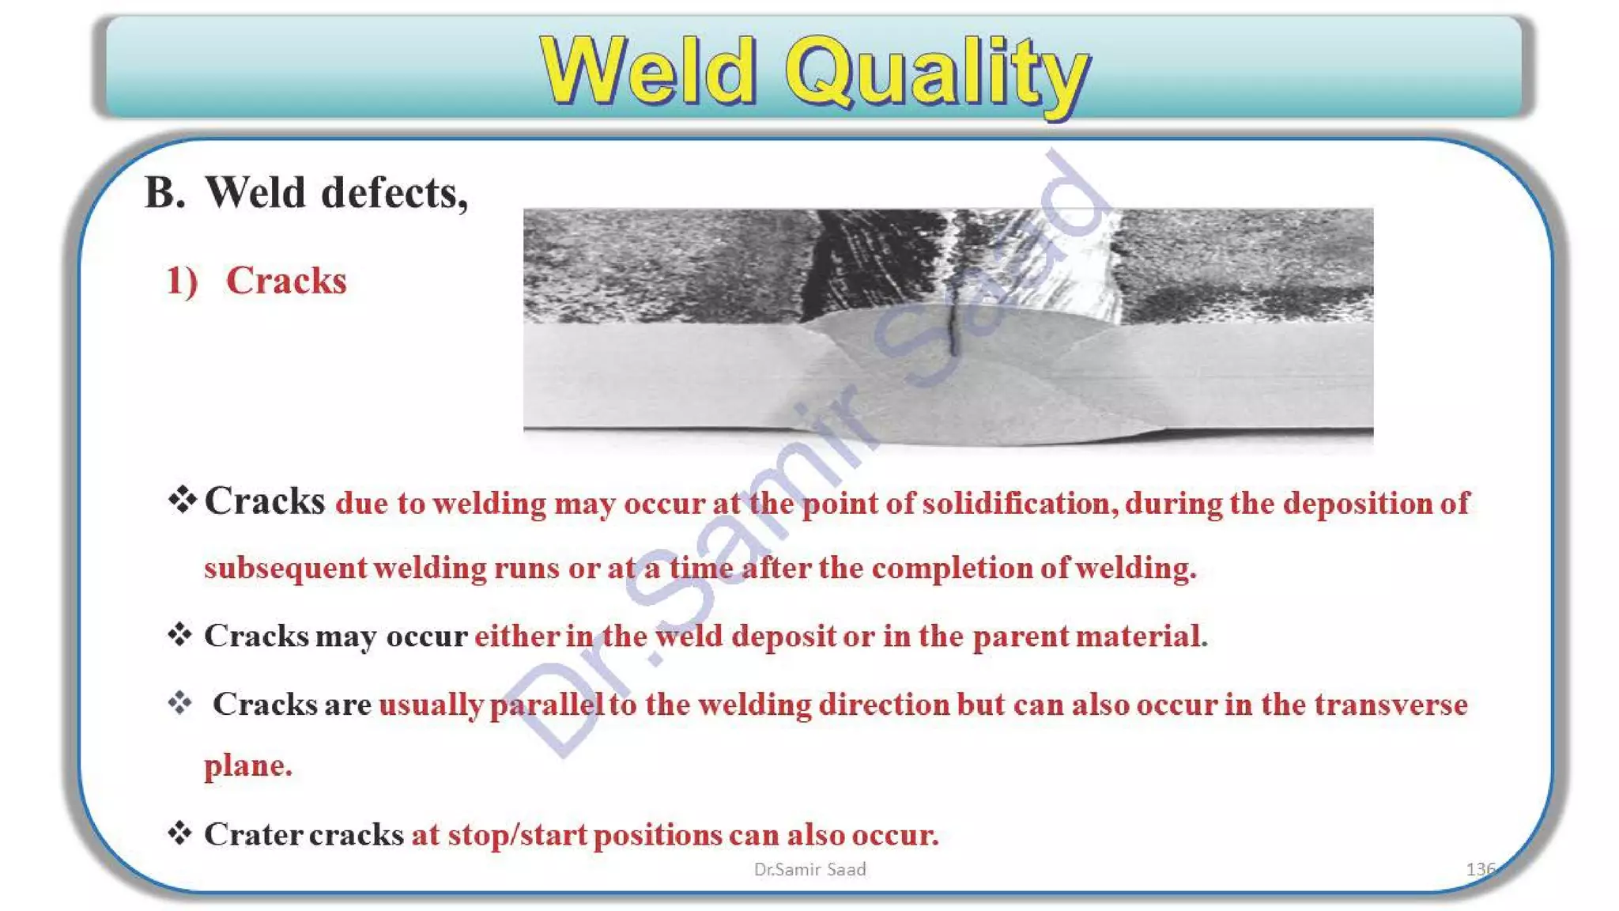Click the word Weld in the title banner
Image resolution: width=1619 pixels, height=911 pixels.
[x=648, y=71]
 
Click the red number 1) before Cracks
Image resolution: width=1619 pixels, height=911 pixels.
[x=182, y=281]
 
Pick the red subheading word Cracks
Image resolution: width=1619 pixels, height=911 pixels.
[x=286, y=281]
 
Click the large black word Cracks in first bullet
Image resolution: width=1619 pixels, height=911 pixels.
[x=265, y=501]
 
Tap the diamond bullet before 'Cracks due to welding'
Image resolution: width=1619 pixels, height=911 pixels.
[x=182, y=500]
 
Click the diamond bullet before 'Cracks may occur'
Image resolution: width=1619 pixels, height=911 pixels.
[x=180, y=635]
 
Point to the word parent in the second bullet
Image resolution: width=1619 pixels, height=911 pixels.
[x=1020, y=637]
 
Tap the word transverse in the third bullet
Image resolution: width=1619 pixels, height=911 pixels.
[x=1391, y=705]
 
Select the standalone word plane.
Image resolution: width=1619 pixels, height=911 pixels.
[x=247, y=765]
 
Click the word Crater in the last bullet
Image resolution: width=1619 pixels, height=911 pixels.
[x=253, y=835]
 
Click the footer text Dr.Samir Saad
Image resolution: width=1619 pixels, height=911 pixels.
[x=809, y=869]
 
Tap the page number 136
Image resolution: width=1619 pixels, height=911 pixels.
[x=1480, y=869]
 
